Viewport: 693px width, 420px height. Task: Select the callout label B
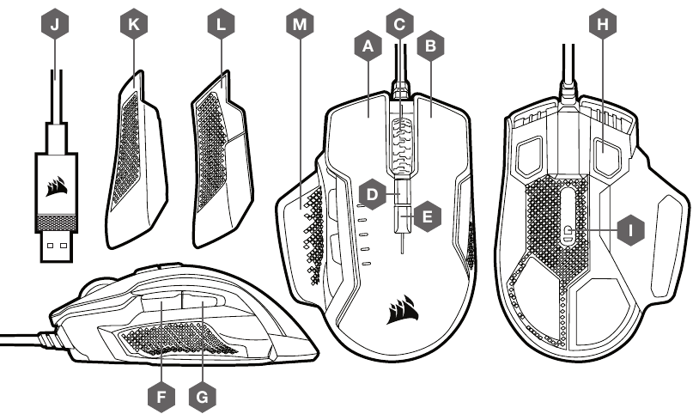429,49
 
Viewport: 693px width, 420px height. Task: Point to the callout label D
372,195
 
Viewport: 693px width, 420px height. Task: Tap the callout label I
632,230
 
